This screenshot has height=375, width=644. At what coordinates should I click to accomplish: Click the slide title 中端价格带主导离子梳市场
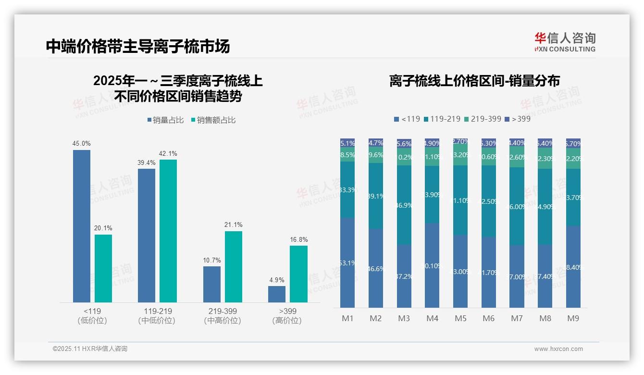tap(138, 46)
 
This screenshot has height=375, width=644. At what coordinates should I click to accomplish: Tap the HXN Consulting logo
tap(565, 42)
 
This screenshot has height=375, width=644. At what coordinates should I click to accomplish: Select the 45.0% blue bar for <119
tap(82, 226)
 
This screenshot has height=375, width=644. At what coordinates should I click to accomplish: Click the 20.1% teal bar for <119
tap(103, 268)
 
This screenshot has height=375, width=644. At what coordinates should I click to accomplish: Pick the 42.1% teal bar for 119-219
tap(168, 231)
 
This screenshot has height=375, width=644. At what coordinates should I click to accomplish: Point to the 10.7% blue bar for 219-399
tap(212, 284)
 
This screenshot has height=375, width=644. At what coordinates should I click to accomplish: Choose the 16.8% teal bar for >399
tap(298, 274)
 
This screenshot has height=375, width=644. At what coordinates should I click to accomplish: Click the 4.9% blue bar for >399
tap(277, 294)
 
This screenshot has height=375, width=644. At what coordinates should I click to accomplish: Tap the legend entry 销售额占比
tap(213, 120)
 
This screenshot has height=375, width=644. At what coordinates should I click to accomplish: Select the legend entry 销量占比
tap(165, 120)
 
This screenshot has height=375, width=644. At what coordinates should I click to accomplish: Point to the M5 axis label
tap(461, 318)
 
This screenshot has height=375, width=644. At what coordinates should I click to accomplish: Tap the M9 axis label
tap(573, 318)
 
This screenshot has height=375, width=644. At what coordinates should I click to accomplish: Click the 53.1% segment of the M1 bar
tap(347, 262)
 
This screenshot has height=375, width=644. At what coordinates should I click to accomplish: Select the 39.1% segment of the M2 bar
tap(376, 196)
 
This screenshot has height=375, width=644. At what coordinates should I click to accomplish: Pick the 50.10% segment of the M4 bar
tap(432, 265)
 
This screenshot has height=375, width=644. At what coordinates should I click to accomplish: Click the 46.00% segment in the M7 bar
tap(517, 206)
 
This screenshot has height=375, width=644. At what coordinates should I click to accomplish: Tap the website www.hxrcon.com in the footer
tap(558, 349)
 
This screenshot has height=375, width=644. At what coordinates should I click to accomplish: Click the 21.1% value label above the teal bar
tap(234, 225)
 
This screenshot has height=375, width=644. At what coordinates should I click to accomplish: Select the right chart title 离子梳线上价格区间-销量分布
tap(474, 81)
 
